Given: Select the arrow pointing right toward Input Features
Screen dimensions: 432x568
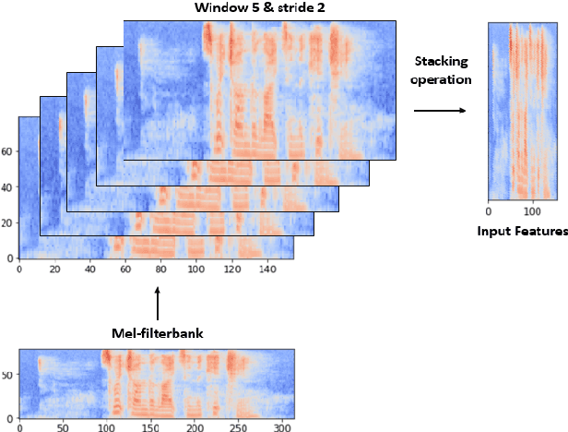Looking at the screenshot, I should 432,112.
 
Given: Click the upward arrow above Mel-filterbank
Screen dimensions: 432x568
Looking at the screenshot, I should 158,303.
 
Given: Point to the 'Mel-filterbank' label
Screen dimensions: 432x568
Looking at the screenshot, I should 158,333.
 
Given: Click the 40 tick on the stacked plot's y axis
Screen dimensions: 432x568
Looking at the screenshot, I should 8,188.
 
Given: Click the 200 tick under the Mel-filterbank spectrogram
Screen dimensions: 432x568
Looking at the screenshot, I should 194,428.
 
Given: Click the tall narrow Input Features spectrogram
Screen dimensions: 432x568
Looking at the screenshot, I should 522,111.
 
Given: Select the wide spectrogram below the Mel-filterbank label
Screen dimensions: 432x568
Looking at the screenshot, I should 157,382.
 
